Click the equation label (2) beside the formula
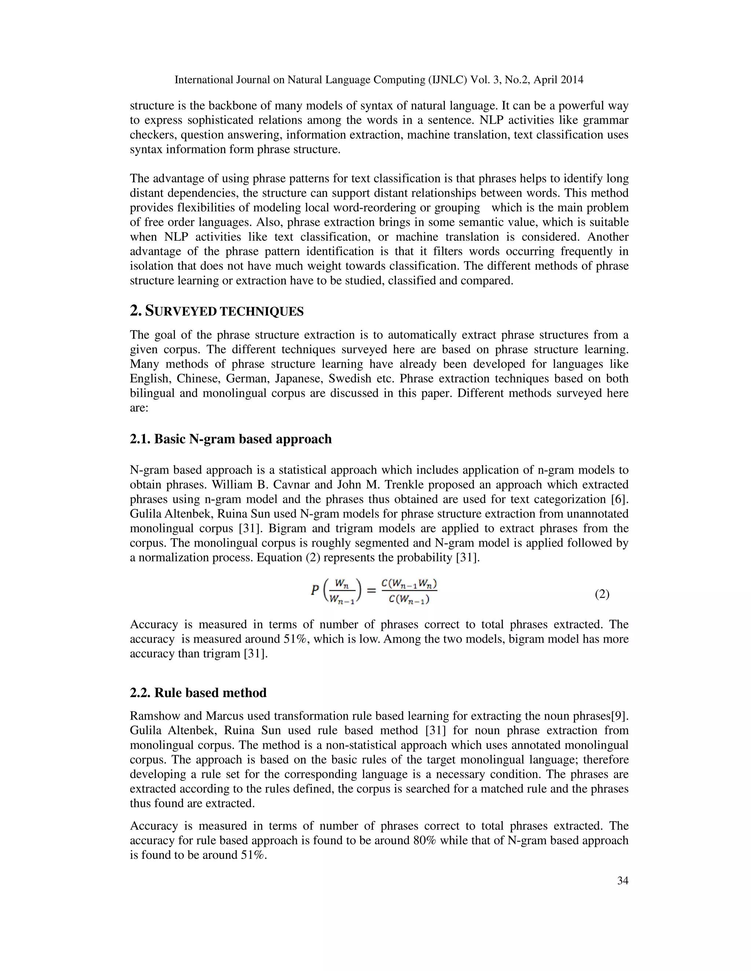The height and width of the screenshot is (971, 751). [x=602, y=594]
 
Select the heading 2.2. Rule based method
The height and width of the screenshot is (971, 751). [x=198, y=693]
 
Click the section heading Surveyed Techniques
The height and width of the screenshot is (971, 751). [x=217, y=311]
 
